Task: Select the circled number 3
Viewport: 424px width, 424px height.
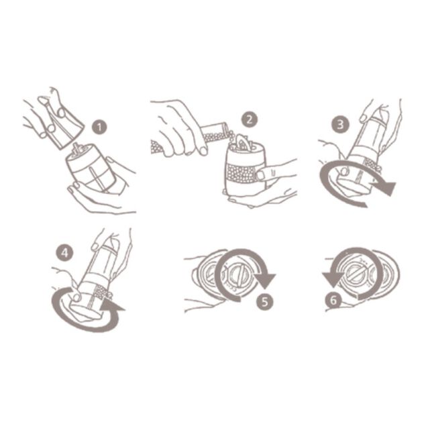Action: [x=340, y=123]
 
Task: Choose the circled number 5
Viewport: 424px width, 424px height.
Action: [x=266, y=301]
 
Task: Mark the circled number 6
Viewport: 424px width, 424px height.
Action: [x=333, y=301]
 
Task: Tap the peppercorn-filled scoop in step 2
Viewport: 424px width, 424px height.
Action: [x=217, y=132]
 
